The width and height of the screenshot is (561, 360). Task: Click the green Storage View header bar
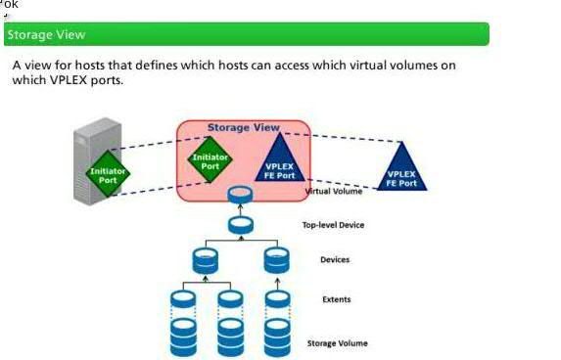pos(246,34)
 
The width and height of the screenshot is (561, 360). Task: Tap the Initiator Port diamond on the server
pos(108,174)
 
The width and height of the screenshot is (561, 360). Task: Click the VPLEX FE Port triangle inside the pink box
pos(279,161)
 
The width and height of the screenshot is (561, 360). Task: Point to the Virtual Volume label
pos(334,192)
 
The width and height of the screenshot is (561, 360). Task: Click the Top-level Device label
pos(333,225)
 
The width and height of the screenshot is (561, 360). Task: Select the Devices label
pos(335,259)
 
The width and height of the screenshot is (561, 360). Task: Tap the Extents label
pos(336,298)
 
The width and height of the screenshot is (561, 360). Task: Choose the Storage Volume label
pos(338,343)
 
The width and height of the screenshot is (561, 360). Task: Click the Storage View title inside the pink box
pos(243,127)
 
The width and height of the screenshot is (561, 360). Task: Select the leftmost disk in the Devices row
pos(205,260)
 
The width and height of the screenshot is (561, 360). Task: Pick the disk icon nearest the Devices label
pos(277,260)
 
